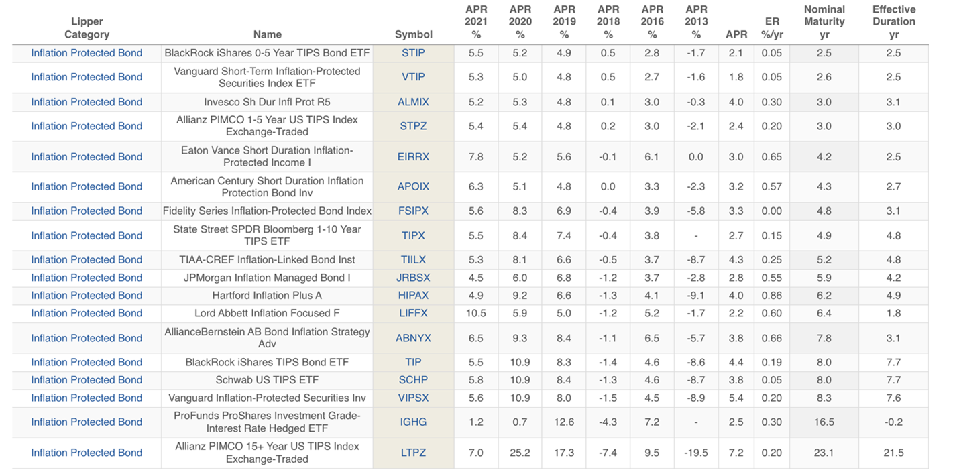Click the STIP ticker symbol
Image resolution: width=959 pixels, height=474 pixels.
pos(413,53)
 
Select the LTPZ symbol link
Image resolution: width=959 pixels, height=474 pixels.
pos(413,453)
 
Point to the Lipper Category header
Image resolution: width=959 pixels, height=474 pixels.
pos(87,27)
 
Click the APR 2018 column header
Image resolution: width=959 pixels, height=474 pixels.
pos(608,21)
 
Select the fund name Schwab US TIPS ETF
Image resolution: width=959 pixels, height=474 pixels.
pos(267,380)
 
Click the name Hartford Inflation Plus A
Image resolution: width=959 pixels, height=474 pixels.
pos(267,296)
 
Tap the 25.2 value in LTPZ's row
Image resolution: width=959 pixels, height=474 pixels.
pos(520,453)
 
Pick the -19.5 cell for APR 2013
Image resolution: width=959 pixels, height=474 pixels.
pos(696,453)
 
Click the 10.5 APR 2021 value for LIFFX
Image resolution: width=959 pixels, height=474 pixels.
pos(476,313)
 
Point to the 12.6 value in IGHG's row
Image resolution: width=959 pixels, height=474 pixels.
pos(564,422)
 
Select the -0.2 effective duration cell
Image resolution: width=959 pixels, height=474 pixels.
pos(893,422)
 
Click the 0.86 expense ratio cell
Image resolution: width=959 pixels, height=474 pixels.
pos(772,296)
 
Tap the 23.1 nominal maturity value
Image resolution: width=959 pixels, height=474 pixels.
pos(824,453)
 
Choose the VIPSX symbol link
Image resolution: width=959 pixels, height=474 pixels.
pos(413,398)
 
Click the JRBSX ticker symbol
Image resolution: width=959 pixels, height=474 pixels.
pos(413,278)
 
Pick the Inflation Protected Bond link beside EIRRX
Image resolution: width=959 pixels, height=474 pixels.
pos(87,157)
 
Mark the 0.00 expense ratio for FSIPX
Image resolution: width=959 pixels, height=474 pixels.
pos(772,211)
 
